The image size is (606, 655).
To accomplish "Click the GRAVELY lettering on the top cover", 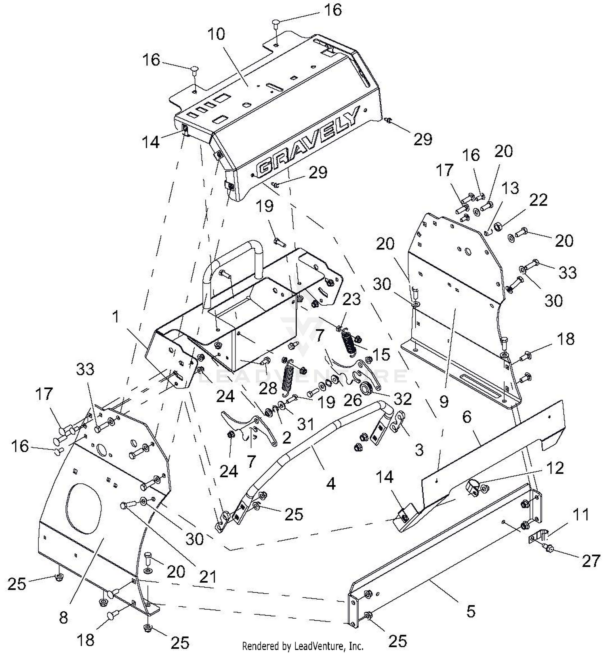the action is tap(308, 142).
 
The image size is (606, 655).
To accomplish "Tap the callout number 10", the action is tap(216, 34).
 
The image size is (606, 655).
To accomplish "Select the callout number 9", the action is tap(444, 401).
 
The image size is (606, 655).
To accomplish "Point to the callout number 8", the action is tap(63, 618).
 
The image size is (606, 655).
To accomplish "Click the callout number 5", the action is tap(471, 611).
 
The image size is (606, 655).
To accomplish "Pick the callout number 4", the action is tap(331, 483).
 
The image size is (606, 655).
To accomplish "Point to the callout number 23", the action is tap(351, 300).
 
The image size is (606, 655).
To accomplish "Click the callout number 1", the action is tap(116, 317).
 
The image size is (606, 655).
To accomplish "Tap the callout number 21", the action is tap(208, 577).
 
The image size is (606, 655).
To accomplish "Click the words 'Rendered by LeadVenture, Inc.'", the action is tap(303, 645).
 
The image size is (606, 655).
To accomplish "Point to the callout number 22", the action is tap(538, 200).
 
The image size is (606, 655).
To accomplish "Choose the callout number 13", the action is tap(510, 188).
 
